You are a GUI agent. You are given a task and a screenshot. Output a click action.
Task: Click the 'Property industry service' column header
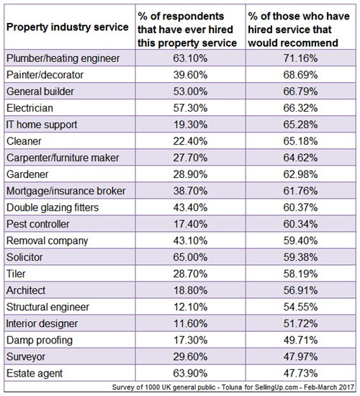68,27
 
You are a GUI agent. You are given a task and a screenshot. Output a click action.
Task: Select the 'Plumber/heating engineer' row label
63,58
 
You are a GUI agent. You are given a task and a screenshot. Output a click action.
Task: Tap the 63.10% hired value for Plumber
190,58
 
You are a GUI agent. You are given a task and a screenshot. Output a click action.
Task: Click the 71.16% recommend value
300,58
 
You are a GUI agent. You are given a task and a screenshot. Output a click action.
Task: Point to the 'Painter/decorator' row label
45,75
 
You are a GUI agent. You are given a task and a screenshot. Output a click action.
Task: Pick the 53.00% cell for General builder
190,91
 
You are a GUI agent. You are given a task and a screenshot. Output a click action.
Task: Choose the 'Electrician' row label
30,108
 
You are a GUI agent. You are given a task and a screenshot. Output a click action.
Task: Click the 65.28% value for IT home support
300,125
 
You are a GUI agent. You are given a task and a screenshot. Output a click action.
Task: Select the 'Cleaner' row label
24,141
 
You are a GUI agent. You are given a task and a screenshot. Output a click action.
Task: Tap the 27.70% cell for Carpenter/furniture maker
190,158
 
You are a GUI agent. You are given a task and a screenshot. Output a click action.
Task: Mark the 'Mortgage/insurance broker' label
66,191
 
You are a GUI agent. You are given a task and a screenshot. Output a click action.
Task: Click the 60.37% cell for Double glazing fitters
300,207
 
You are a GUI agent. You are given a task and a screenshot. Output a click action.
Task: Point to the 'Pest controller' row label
38,224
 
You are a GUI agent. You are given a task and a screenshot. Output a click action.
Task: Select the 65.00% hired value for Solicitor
190,257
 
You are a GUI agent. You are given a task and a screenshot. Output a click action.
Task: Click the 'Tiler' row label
16,274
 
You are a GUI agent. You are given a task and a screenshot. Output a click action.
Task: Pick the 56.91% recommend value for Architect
300,290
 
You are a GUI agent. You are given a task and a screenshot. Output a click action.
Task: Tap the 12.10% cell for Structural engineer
190,307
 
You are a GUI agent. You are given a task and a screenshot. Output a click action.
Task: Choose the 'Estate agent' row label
35,374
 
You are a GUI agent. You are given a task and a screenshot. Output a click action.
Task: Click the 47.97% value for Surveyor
300,357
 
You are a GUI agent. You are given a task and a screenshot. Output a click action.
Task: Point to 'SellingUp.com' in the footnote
277,387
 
